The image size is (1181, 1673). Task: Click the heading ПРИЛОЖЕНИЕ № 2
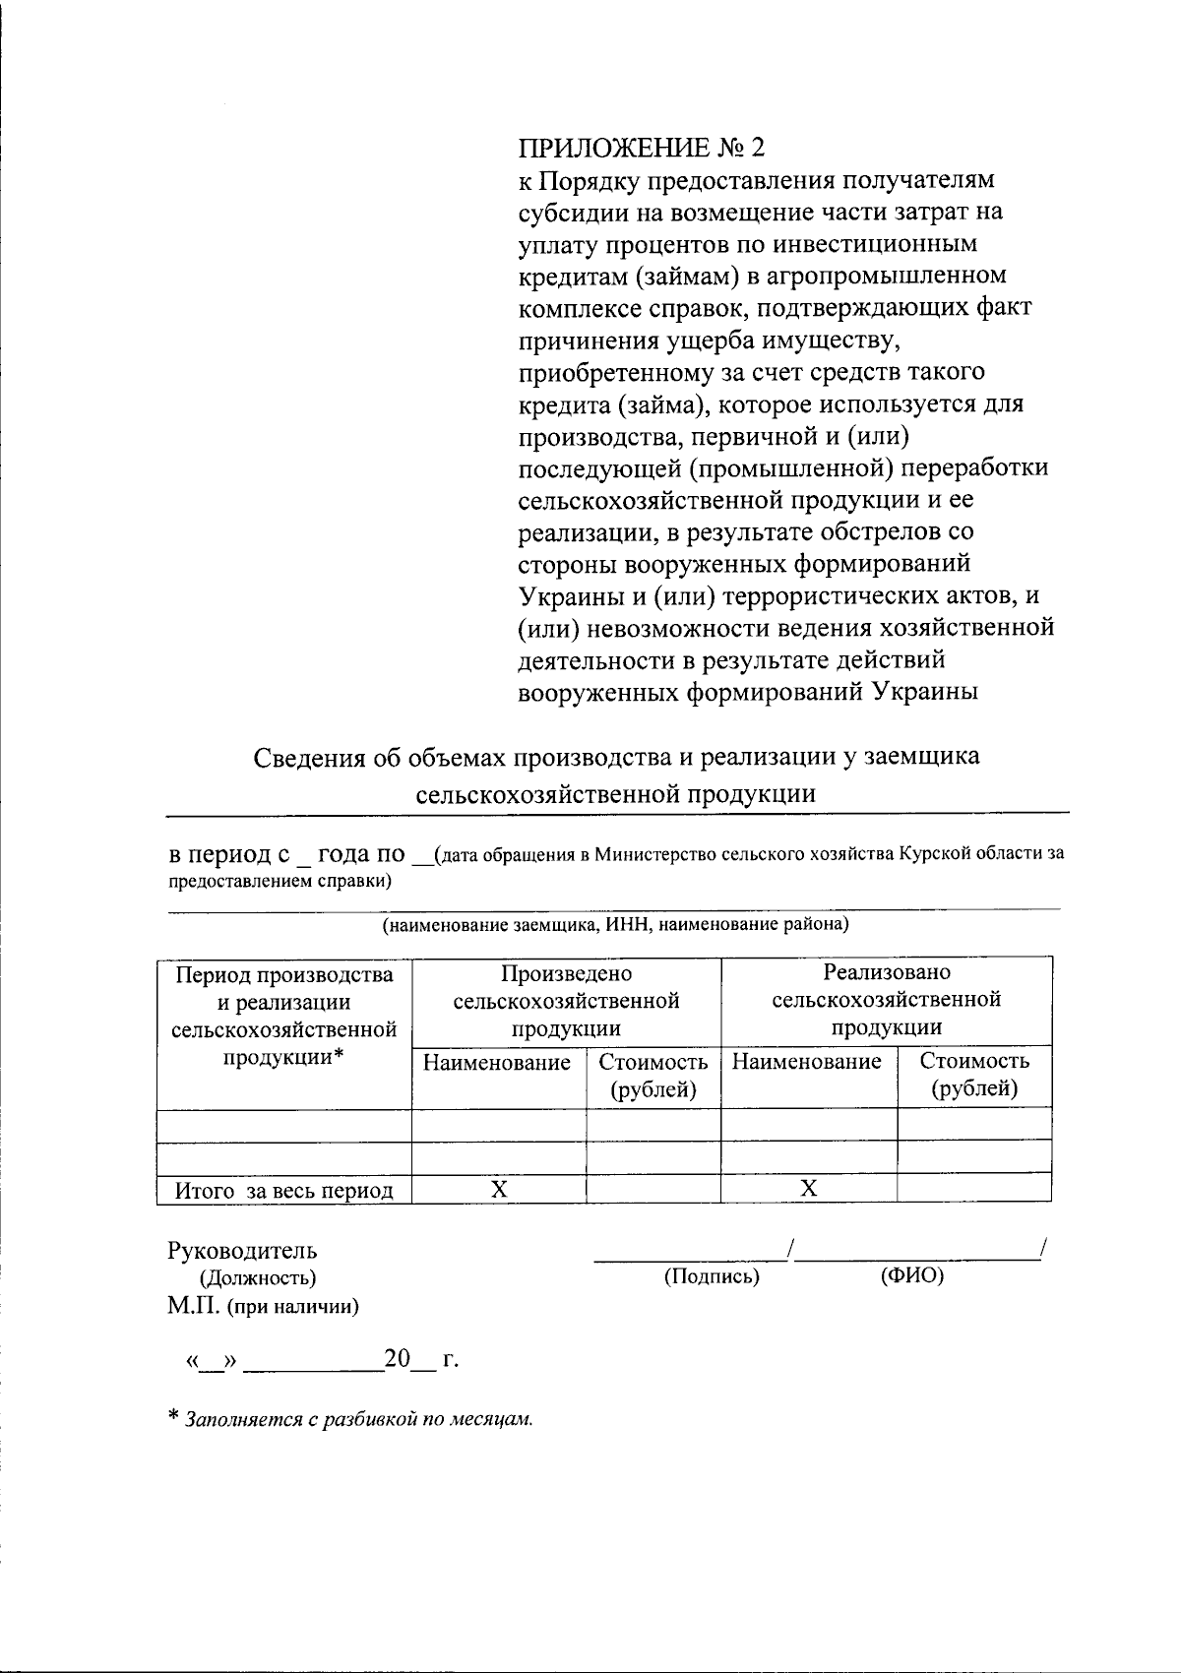pos(641,148)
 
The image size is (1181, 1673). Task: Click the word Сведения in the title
pos(313,758)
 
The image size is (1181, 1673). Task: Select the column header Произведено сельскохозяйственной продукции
pos(566,1001)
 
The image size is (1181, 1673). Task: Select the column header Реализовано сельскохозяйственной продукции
pos(887,1000)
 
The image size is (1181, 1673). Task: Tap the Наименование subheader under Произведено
pos(497,1063)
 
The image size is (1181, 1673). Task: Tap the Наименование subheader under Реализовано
pos(807,1062)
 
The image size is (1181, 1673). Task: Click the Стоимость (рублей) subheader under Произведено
pos(653,1076)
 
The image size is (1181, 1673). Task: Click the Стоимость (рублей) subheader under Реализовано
pos(974,1075)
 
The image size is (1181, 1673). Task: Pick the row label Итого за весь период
pos(284,1191)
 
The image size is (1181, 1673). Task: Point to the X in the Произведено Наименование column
pos(499,1189)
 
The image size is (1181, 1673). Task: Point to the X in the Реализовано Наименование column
pos(808,1189)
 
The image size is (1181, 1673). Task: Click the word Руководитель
pos(242,1251)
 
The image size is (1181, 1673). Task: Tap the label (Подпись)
pos(712,1276)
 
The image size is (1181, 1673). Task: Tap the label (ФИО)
pos(911,1276)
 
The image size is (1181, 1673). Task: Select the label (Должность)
pos(258,1278)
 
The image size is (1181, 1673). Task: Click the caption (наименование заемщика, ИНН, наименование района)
pos(615,925)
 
